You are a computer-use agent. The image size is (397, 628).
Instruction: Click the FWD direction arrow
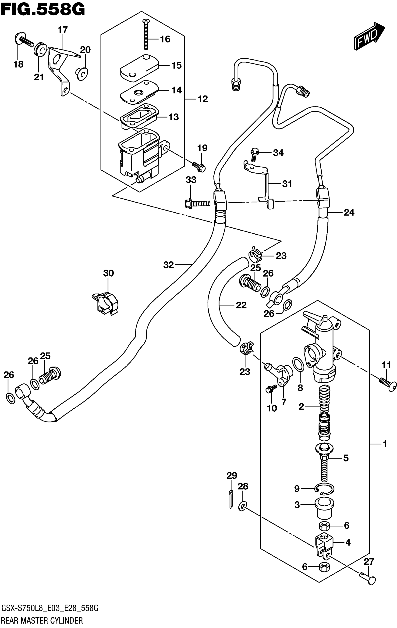[369, 36]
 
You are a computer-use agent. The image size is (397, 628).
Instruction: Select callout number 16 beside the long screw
[165, 39]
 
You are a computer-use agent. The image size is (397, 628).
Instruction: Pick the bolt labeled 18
[23, 40]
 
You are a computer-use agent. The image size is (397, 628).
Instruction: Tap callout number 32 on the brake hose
[168, 265]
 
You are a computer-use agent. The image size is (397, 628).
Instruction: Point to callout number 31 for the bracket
[287, 184]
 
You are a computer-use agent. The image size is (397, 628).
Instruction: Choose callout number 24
[349, 213]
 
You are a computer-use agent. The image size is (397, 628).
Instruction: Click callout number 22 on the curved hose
[241, 305]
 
